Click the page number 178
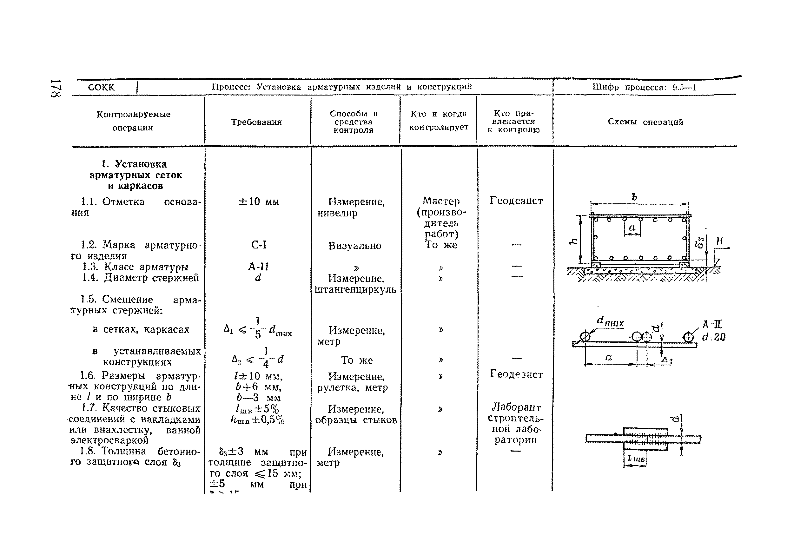pos(56,89)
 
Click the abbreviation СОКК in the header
pos(101,87)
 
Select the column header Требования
pos(256,122)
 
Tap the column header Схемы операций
pos(645,122)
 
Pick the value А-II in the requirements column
pos(258,267)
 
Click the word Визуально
pos(354,246)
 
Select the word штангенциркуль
pos(355,290)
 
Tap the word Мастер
pos(441,201)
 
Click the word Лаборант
pos(516,407)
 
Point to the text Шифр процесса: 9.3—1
pos(644,87)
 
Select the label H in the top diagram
pos(719,241)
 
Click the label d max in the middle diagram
pos(610,321)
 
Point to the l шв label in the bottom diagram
pos(636,459)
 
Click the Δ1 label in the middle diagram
pos(667,360)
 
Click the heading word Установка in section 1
pos(141,164)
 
